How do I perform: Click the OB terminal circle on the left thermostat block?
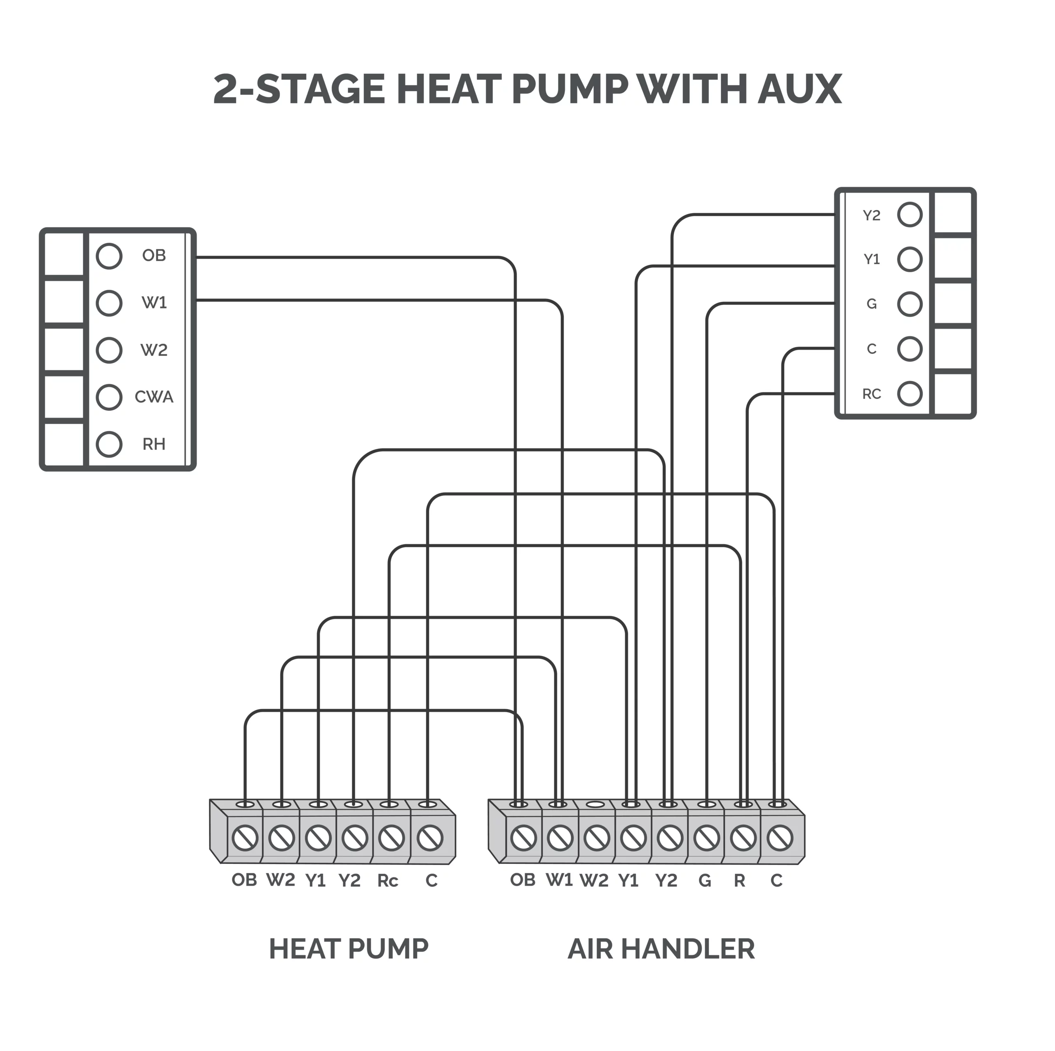click(109, 256)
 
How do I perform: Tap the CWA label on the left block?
click(154, 397)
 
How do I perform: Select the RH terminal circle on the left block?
click(109, 444)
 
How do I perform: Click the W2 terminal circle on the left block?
click(109, 350)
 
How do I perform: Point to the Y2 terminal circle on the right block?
click(910, 215)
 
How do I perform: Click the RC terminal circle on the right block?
click(910, 394)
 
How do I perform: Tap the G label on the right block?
click(872, 304)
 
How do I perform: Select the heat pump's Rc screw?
click(392, 839)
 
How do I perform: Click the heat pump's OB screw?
click(245, 839)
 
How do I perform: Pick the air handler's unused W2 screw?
click(597, 839)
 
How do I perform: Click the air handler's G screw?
click(707, 839)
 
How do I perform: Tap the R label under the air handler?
click(739, 881)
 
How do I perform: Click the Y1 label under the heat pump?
click(316, 881)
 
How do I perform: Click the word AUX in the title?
click(800, 89)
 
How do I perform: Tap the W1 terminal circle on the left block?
click(109, 303)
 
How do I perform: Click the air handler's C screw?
click(780, 839)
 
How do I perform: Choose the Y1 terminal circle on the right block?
click(910, 259)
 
